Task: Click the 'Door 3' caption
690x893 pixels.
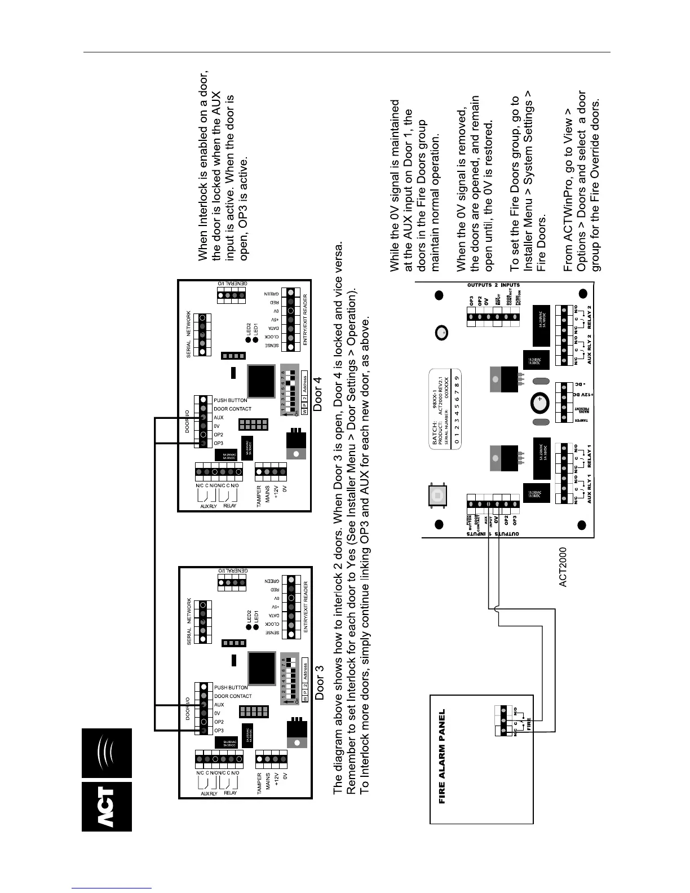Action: (x=320, y=683)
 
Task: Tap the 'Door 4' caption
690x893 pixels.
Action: (x=318, y=395)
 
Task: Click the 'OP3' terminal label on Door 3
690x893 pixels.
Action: (x=219, y=731)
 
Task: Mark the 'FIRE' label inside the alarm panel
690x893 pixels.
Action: (x=529, y=722)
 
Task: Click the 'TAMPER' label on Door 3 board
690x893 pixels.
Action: (x=260, y=784)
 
